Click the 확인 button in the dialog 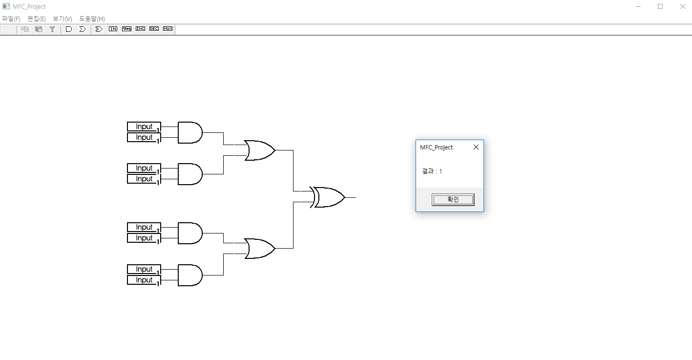pyautogui.click(x=453, y=199)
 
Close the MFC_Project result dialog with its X pyautogui.click(x=476, y=147)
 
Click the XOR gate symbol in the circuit pyautogui.click(x=329, y=197)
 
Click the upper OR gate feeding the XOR pyautogui.click(x=259, y=150)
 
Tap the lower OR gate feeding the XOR pyautogui.click(x=259, y=249)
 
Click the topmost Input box pyautogui.click(x=144, y=127)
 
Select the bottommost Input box pyautogui.click(x=144, y=280)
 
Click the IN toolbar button pyautogui.click(x=113, y=29)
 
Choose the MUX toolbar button pyautogui.click(x=168, y=29)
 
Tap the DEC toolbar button pyautogui.click(x=154, y=29)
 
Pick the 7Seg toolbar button pyautogui.click(x=126, y=29)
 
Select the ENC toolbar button pyautogui.click(x=140, y=29)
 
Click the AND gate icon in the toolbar pyautogui.click(x=69, y=29)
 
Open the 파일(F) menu pyautogui.click(x=11, y=19)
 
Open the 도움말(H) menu pyautogui.click(x=92, y=19)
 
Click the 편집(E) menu pyautogui.click(x=37, y=19)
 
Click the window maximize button pyautogui.click(x=660, y=6)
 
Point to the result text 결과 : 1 pyautogui.click(x=432, y=171)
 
